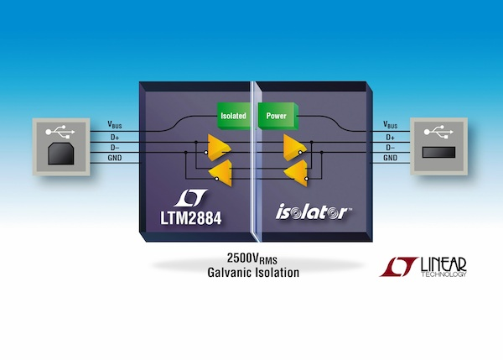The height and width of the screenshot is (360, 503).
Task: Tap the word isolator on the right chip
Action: (309, 213)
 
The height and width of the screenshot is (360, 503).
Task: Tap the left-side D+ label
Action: (115, 136)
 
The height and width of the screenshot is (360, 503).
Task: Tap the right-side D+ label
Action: (390, 136)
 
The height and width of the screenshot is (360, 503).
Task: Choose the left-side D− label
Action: (115, 147)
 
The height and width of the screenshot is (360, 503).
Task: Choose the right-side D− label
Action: (390, 147)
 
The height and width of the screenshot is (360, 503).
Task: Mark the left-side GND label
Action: (117, 158)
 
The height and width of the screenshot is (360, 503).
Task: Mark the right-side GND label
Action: (390, 158)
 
